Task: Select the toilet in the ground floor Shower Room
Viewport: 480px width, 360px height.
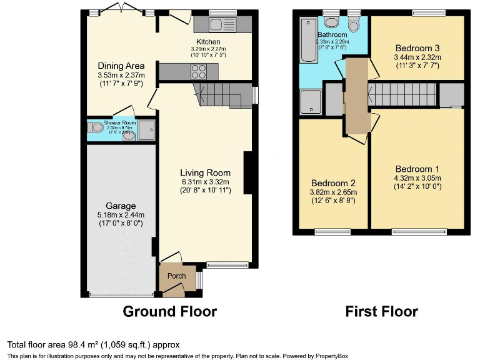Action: click(97, 127)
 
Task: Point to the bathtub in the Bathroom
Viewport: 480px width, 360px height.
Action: click(308, 41)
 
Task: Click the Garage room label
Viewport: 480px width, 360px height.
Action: click(121, 206)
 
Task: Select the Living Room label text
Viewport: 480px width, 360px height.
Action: click(205, 173)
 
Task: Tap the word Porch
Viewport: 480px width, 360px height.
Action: click(176, 276)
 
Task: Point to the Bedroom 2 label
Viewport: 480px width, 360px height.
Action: click(332, 183)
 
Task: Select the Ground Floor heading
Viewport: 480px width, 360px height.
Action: click(169, 311)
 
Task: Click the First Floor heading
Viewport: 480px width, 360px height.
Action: click(382, 311)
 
